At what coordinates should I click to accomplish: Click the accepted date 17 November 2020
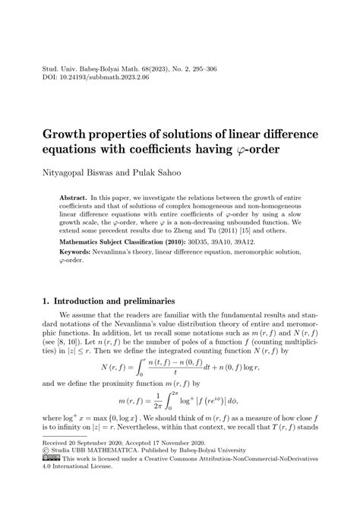[x=193, y=470]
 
